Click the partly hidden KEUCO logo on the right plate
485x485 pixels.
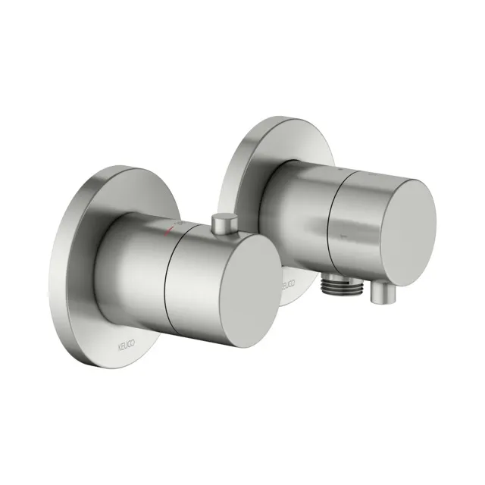click(x=286, y=286)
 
